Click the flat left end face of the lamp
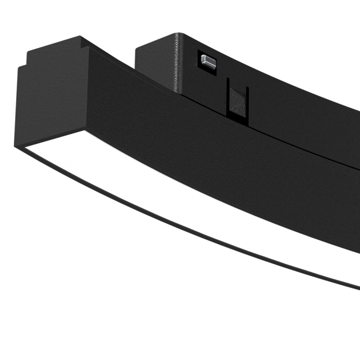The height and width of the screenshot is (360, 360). [50, 103]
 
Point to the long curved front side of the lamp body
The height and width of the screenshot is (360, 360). [216, 158]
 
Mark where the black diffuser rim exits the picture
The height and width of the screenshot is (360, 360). [358, 288]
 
